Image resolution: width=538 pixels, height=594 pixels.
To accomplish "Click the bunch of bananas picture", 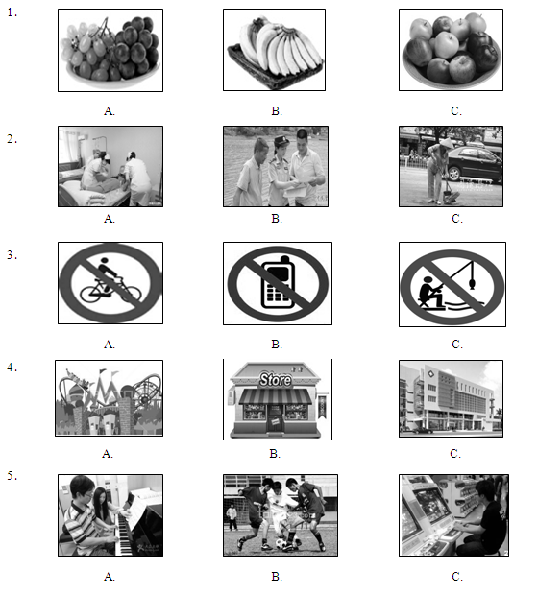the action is coord(274,50).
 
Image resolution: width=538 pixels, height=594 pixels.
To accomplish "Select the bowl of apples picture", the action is coord(451,50).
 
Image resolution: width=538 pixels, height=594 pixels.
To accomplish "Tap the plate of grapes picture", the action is coord(110,51).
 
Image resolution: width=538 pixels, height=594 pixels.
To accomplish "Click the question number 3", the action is coord(12,255).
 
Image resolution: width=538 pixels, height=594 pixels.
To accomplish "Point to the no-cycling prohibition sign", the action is coord(110,283).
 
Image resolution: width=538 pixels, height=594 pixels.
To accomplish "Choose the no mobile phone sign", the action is coord(278,283).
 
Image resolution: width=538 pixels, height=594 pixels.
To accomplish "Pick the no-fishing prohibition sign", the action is coord(452,284).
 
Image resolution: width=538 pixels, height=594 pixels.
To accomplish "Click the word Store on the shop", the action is coord(276,379).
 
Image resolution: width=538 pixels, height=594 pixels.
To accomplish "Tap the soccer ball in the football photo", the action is coord(281,544).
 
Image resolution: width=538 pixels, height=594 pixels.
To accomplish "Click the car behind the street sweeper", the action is coord(476,164).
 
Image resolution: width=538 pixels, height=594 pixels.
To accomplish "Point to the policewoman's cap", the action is coord(281,140).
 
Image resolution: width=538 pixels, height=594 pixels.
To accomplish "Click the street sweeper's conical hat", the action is coord(445,142).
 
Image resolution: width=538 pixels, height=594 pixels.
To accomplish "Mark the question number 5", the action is coord(12,476).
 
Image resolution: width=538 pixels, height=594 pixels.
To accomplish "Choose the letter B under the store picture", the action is coord(275,454).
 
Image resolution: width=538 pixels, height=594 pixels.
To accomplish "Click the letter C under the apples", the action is coord(456,111).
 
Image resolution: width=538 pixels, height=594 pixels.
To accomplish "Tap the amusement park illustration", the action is coord(110,398).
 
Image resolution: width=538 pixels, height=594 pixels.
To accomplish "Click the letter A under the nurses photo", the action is coord(110,219).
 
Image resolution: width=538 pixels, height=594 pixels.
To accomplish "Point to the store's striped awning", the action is coord(276,396).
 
